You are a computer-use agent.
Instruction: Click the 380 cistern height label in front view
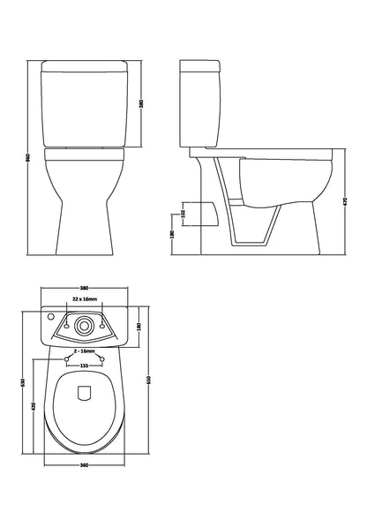pos(142,104)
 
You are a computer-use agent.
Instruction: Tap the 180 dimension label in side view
pos(182,236)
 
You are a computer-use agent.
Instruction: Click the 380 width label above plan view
pos(85,290)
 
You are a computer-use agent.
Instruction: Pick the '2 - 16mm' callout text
pos(85,351)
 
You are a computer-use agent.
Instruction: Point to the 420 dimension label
pos(33,407)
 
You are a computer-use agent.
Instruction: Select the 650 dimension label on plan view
pos(151,379)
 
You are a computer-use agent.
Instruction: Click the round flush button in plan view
pos(85,323)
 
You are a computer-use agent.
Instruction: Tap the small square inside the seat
pos(86,394)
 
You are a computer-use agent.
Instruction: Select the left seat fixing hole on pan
pos(68,358)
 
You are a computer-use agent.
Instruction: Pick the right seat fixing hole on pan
pos(102,358)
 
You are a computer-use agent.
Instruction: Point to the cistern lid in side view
pos(213,67)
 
